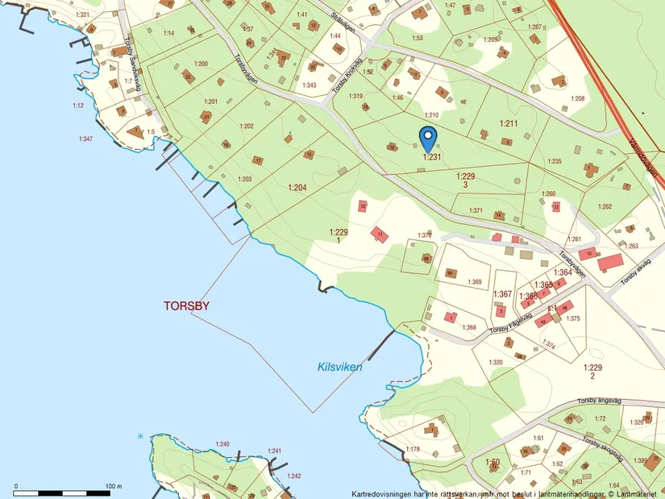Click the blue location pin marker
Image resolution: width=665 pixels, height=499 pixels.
click(428, 138)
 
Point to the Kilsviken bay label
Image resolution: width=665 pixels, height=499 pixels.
click(339, 367)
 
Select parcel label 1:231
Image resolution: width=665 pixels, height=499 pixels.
click(432, 158)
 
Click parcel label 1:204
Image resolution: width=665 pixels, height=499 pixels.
click(297, 187)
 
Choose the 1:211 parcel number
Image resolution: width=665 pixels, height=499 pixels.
click(508, 123)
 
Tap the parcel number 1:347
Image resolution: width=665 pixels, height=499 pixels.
click(85, 139)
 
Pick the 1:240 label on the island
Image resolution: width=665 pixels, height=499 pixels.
click(222, 444)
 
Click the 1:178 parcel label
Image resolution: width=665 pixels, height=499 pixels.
click(413, 449)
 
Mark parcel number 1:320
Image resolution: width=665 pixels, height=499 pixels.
click(496, 362)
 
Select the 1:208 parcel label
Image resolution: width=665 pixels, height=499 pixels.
click(577, 98)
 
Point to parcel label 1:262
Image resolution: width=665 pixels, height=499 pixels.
click(605, 206)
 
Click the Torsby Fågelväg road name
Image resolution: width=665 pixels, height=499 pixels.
click(509, 326)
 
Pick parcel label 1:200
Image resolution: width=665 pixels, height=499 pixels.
click(201, 64)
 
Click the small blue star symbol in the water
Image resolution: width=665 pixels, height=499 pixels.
click(140, 436)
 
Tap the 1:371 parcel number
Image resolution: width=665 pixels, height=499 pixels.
click(475, 210)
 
